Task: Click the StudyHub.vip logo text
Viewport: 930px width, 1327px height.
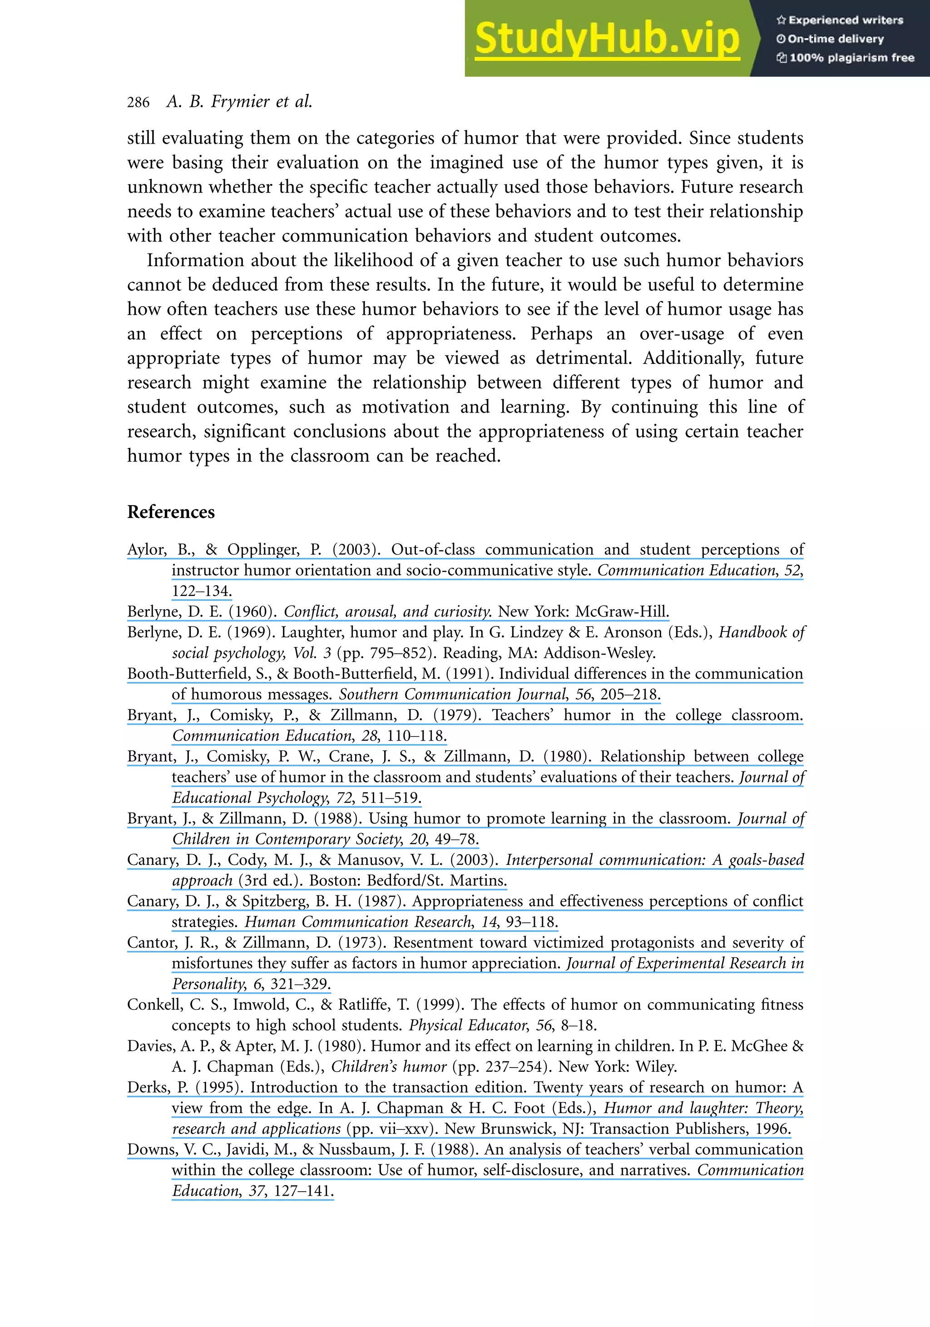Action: point(607,39)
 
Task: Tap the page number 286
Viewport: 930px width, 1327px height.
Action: point(138,103)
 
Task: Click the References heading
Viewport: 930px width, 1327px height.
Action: point(171,512)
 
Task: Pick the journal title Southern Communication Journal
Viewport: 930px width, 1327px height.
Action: point(452,694)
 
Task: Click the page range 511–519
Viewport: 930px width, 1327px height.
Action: point(390,798)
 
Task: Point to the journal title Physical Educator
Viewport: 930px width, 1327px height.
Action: point(467,1025)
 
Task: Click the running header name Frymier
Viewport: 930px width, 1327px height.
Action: point(241,102)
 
